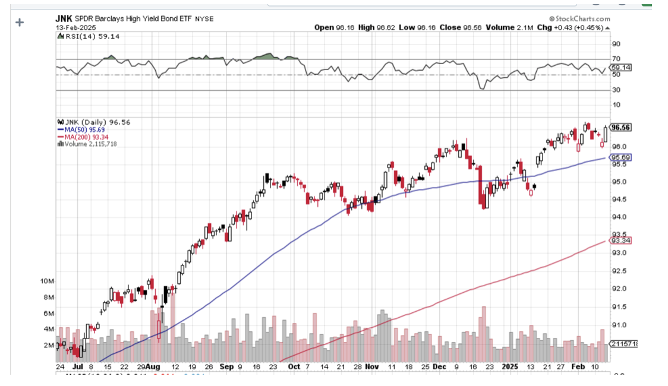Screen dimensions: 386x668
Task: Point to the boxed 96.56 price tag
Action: click(621, 127)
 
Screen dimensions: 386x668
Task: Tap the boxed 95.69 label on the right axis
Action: click(621, 157)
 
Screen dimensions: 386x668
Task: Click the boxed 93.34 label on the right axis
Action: click(621, 240)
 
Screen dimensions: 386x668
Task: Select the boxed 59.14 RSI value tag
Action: click(621, 68)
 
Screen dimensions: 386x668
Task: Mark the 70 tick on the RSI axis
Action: click(616, 59)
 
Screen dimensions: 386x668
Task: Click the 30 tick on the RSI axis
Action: click(616, 90)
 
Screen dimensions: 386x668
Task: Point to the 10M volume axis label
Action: click(48, 281)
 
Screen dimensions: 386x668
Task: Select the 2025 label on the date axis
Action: click(511, 367)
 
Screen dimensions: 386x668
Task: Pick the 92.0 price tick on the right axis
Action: click(619, 289)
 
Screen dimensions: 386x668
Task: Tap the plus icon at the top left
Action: click(20, 23)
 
